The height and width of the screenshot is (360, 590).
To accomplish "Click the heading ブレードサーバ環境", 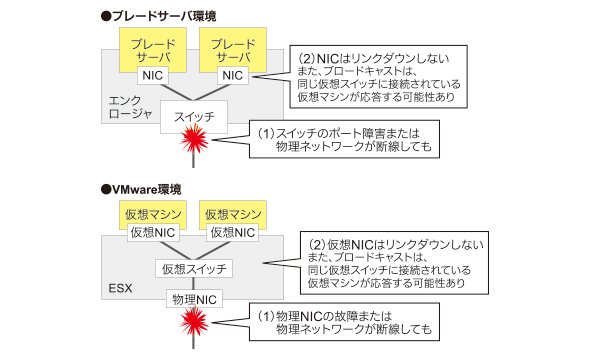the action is [159, 16].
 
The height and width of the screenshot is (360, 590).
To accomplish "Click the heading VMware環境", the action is [141, 189].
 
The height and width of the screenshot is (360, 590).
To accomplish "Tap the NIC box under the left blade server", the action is [153, 76].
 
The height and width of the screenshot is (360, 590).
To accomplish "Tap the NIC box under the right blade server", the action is [233, 76].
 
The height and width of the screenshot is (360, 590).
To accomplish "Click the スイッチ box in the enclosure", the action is [194, 117].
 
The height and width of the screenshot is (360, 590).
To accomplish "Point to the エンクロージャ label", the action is [130, 107].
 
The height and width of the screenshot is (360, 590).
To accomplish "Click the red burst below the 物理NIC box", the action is [194, 322].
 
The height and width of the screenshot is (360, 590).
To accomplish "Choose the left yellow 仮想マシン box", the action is [153, 214].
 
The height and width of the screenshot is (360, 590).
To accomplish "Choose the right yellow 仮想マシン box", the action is [233, 214].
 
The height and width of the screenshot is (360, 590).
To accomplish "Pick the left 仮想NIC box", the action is [153, 233].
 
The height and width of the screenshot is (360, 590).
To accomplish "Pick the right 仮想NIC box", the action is [233, 233].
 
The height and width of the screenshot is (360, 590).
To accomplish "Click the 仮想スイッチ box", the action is [194, 269].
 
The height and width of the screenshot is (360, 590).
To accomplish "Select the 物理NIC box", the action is [194, 299].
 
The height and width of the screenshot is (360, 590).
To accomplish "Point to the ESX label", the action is [120, 289].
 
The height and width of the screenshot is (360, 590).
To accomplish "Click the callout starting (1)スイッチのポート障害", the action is [344, 139].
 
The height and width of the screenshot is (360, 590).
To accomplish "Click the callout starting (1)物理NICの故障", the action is [344, 322].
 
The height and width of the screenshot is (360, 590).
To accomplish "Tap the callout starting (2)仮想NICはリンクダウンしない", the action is [394, 263].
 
